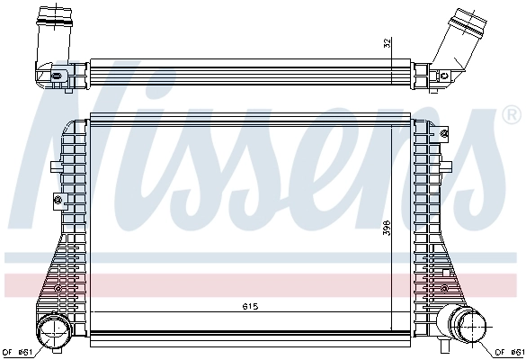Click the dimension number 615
tap(249, 307)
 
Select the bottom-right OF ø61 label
tap(509, 351)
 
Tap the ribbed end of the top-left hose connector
tap(51, 16)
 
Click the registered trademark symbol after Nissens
tap(510, 115)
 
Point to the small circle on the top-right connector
tap(445, 76)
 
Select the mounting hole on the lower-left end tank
tap(58, 288)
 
